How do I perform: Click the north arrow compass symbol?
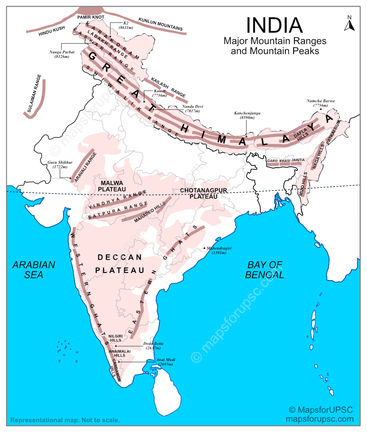349,23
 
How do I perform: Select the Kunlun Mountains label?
160,25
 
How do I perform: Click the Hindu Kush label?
51,31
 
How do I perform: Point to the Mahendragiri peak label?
219,251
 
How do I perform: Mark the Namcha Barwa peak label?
320,103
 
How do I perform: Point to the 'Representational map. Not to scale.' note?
65,420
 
